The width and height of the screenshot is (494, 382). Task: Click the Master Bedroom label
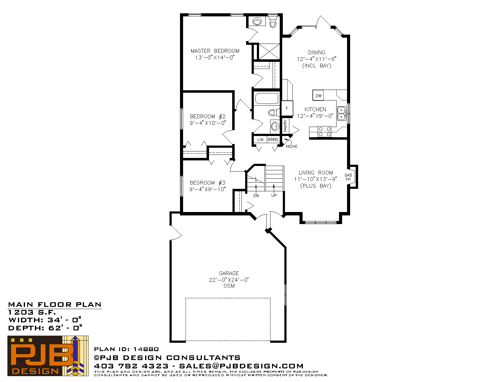pyautogui.click(x=215, y=51)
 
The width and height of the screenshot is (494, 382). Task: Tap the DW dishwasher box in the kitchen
pyautogui.click(x=318, y=95)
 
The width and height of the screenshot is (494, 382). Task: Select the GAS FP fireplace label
pyautogui.click(x=348, y=177)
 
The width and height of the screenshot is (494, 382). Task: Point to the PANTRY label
pyautogui.click(x=285, y=126)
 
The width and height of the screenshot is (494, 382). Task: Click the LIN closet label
pyautogui.click(x=260, y=139)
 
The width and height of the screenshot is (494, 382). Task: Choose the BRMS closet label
pyautogui.click(x=273, y=139)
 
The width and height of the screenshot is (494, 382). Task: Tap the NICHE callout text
pyautogui.click(x=291, y=146)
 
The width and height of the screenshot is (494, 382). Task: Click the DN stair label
pyautogui.click(x=256, y=195)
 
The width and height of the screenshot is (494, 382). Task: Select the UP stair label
pyautogui.click(x=274, y=195)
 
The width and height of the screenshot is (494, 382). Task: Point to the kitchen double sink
pyautogui.click(x=341, y=113)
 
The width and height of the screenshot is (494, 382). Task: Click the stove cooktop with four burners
pyautogui.click(x=324, y=132)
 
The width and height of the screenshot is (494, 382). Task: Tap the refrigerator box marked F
pyautogui.click(x=287, y=108)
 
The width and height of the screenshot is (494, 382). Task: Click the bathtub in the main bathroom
pyautogui.click(x=267, y=99)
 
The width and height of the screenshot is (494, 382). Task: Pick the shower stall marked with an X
pyautogui.click(x=270, y=52)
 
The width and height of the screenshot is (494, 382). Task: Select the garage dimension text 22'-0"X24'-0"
pyautogui.click(x=229, y=280)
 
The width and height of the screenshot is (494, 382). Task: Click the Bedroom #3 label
pyautogui.click(x=207, y=183)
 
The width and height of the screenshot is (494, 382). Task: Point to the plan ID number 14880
pyautogui.click(x=146, y=349)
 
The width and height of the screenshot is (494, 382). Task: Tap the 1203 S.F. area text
pyautogui.click(x=32, y=312)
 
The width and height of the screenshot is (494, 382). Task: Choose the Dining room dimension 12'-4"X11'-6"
pyautogui.click(x=316, y=59)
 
